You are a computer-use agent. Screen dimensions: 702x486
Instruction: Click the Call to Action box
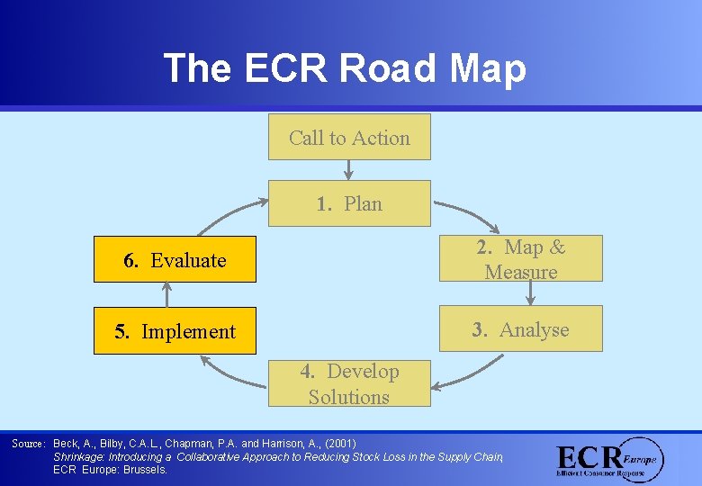tap(349, 137)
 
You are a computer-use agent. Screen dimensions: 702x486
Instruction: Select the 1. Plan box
tap(349, 203)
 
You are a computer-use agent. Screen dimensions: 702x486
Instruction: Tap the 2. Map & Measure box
tap(520, 258)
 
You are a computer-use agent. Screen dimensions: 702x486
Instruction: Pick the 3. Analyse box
tap(520, 329)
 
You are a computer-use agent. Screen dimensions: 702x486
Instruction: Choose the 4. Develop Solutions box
tap(349, 384)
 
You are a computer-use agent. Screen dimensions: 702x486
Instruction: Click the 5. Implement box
tap(175, 331)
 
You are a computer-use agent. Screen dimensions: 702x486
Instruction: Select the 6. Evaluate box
tap(175, 260)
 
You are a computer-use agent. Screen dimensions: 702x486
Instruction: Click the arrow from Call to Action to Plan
tap(349, 170)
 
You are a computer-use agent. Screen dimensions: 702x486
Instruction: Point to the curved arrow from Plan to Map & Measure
tap(468, 214)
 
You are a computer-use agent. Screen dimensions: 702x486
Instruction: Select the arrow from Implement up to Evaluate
tap(166, 295)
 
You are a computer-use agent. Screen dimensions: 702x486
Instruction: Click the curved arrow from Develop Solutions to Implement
tap(229, 372)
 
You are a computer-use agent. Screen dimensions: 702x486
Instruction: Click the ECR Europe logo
tap(609, 459)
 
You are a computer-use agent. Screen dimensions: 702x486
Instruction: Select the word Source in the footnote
tap(27, 444)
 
